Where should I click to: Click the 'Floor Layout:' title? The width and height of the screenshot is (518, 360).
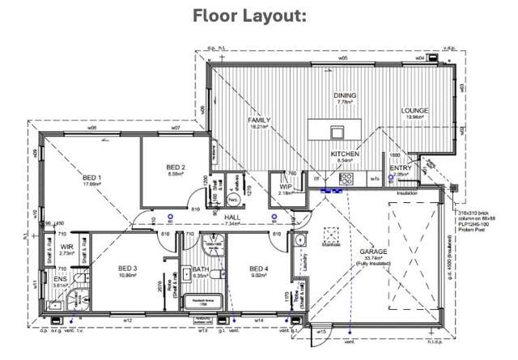(x=258, y=17)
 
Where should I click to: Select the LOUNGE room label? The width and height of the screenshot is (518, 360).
(x=414, y=110)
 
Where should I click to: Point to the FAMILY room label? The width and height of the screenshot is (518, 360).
(x=259, y=120)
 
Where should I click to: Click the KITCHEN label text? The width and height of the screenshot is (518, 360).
(x=345, y=154)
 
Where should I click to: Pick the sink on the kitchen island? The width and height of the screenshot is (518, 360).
(x=334, y=131)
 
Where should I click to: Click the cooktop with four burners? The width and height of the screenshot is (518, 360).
(x=345, y=180)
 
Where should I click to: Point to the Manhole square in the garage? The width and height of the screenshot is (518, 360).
(x=329, y=235)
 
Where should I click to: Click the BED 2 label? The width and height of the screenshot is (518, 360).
(x=176, y=167)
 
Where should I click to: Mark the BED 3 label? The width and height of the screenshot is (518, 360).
(x=128, y=268)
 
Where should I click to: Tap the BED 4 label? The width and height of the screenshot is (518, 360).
(x=259, y=269)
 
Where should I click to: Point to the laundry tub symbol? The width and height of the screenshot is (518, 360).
(x=299, y=241)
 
